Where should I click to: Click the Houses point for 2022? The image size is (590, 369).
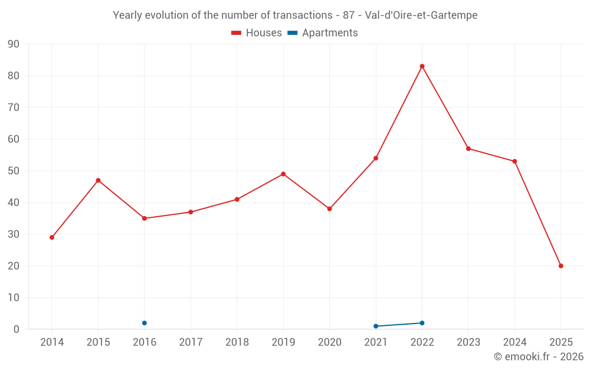(x=422, y=66)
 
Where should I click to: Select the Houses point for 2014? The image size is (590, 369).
(x=52, y=237)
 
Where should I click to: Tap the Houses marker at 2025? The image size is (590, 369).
(x=560, y=266)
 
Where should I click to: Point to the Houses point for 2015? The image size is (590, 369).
(x=98, y=180)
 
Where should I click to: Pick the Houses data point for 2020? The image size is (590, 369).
(x=329, y=209)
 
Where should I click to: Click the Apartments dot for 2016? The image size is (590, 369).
(x=145, y=323)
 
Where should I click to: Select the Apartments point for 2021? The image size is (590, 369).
(x=376, y=326)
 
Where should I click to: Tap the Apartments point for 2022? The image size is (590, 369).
(x=422, y=323)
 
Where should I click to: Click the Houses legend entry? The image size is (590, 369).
(x=256, y=33)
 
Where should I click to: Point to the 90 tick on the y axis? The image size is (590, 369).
(x=14, y=44)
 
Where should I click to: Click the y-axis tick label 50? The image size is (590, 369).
(x=14, y=171)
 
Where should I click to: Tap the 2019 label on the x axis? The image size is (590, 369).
(x=283, y=342)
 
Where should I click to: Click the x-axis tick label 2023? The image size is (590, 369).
(x=468, y=342)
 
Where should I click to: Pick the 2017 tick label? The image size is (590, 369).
(x=191, y=342)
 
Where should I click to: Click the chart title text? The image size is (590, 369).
(x=295, y=15)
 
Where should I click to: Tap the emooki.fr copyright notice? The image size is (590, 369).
(x=539, y=357)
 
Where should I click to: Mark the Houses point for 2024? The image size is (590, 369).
(x=514, y=161)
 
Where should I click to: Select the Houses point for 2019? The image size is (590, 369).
(x=283, y=174)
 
